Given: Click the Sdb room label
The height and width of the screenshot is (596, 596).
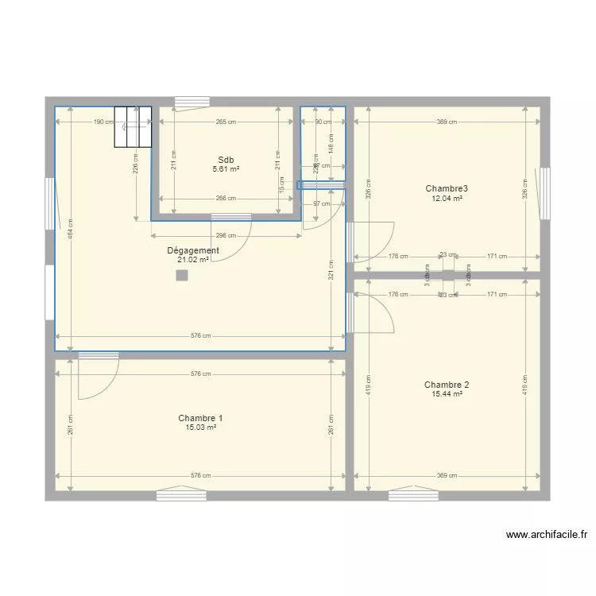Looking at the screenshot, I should (226, 160).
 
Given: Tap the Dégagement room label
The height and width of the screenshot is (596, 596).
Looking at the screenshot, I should (193, 250).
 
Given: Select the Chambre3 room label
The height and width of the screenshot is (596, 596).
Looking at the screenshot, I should (447, 188).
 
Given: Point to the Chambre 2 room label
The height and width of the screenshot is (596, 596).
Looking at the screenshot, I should (447, 384).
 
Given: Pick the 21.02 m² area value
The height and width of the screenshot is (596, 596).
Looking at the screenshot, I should (193, 260).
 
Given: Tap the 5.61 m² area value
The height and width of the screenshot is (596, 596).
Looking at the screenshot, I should (226, 169).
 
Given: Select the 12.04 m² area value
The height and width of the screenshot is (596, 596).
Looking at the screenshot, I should (447, 198).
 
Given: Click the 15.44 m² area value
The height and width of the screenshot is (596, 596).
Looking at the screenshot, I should (447, 393).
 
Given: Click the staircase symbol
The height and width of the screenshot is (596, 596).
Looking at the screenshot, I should (133, 126).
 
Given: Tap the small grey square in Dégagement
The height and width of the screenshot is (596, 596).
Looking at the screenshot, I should (182, 276).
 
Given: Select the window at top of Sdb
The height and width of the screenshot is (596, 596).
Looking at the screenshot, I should (192, 102).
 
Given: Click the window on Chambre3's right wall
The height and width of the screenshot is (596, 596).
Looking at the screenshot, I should (545, 192).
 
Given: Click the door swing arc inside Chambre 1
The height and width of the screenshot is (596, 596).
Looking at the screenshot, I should (99, 378).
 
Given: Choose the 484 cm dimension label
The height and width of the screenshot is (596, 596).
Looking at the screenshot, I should (71, 230).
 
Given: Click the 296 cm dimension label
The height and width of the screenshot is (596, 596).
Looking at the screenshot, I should (226, 235).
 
